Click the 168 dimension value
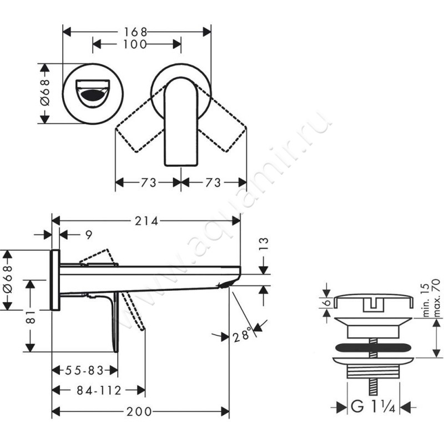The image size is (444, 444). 135,32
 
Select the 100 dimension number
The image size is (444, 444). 135,44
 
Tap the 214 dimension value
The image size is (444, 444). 146,221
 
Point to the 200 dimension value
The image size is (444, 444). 139,411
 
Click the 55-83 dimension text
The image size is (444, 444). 84,370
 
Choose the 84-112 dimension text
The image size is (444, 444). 99,391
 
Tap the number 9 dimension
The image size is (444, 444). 89,235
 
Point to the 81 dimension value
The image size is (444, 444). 30,316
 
